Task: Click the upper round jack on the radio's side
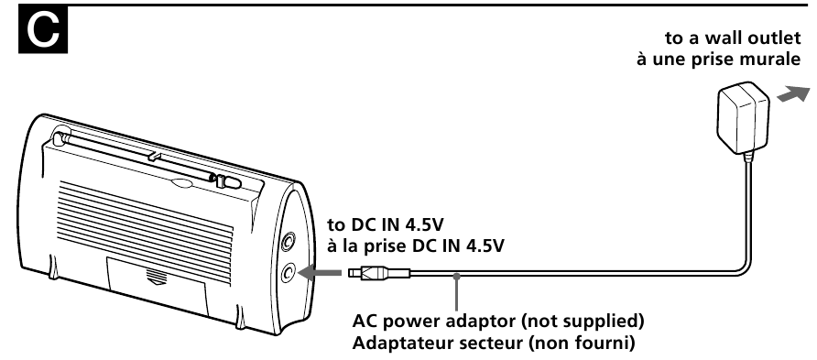[x=289, y=242]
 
